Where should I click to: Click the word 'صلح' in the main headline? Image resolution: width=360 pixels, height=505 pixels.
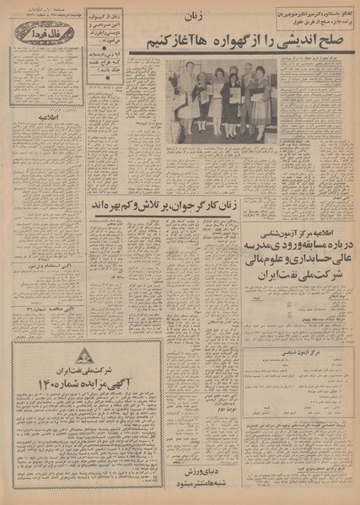(x=334, y=39)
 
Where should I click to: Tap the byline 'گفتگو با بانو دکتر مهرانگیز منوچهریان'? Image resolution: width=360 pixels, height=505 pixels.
(x=304, y=11)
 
